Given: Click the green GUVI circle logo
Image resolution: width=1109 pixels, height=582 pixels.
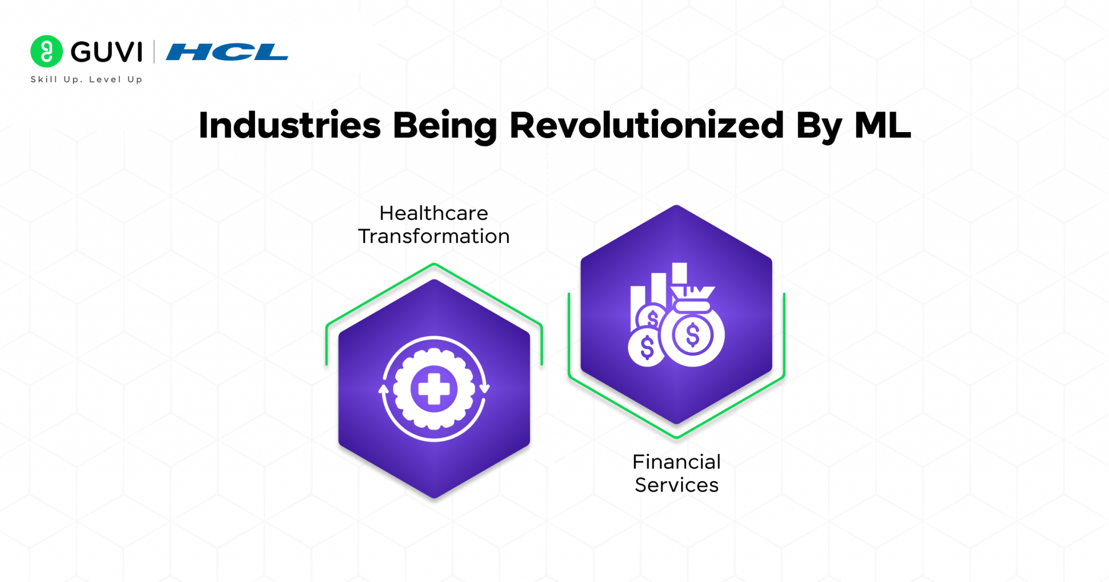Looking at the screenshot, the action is coord(47,51).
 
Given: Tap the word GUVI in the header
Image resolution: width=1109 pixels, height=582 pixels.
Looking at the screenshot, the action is coord(107,52).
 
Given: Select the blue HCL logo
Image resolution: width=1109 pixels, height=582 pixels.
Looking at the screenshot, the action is coord(227,52).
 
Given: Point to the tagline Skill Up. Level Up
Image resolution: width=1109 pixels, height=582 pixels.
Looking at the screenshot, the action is coord(87,80).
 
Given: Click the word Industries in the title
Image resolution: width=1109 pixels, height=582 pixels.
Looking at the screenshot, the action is coord(290,126).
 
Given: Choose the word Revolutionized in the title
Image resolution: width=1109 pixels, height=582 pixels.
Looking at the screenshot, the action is coord(647,126).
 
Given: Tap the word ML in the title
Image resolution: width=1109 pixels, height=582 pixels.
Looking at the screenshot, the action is coord(883,126).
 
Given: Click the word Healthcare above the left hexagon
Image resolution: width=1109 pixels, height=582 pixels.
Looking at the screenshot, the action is coord(434,213).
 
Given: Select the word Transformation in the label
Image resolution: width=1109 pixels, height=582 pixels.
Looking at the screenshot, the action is coord(434,237).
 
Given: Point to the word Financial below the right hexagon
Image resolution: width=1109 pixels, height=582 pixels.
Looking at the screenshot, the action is coord(676,462).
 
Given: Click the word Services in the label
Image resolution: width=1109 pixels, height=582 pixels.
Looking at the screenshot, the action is coord(676,485).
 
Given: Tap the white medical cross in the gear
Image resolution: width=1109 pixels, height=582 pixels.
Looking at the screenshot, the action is coord(434,389).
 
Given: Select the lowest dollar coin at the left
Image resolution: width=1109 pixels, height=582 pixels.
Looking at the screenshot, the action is coord(647,347).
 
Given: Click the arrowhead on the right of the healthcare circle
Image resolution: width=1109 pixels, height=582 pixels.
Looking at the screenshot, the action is coord(484,388).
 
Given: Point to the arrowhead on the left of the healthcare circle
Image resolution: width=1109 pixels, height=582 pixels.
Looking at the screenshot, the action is coord(383,389).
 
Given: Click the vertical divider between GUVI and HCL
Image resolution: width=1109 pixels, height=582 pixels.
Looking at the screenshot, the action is coord(154,52).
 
